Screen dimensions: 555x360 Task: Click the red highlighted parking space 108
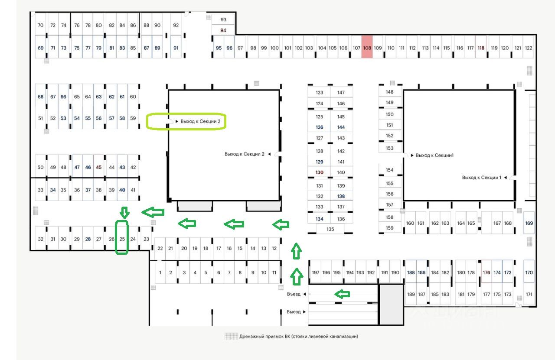(367, 48)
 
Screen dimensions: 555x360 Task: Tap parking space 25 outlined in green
(122, 239)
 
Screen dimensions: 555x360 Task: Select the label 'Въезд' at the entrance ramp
(294, 294)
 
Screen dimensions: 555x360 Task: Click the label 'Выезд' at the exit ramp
(294, 311)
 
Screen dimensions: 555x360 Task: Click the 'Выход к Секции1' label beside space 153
(434, 155)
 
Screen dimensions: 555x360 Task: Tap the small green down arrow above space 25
(124, 212)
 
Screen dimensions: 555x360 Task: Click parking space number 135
(330, 229)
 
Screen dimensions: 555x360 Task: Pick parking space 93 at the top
(223, 19)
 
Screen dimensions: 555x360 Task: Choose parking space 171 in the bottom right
(529, 294)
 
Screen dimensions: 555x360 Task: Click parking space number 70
(41, 25)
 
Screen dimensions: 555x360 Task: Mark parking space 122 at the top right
(529, 48)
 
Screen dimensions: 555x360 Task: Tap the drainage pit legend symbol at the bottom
(231, 336)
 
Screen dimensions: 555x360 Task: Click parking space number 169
(529, 223)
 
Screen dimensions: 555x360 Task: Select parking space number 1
(160, 272)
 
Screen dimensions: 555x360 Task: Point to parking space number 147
(341, 92)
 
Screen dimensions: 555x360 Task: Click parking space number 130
(320, 172)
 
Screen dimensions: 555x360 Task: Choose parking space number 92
(176, 25)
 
